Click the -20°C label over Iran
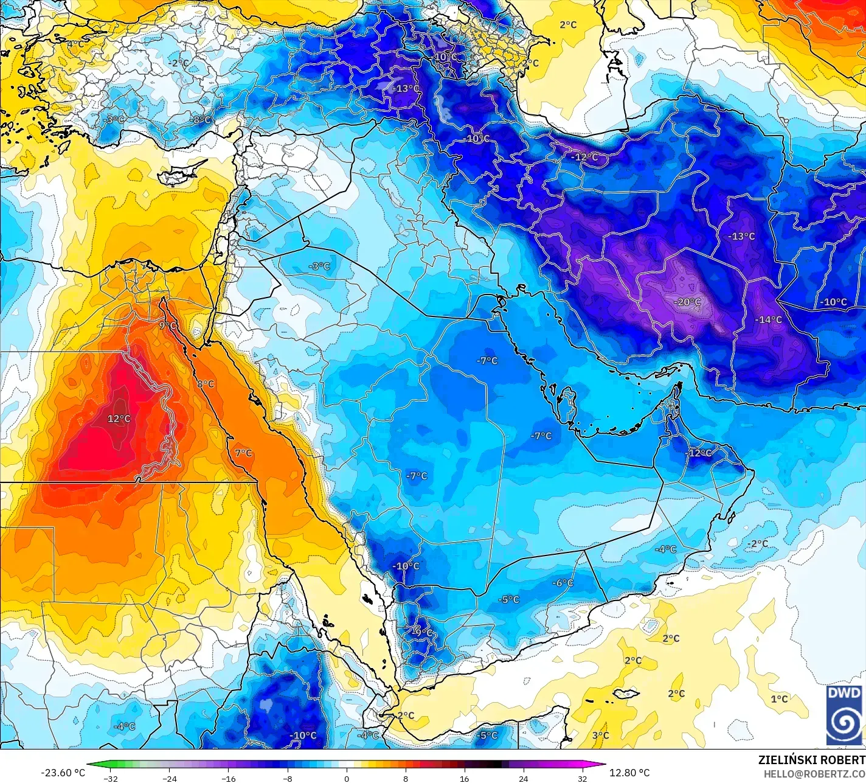(x=687, y=302)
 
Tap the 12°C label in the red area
(x=119, y=419)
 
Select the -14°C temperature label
(x=768, y=319)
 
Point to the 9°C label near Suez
(x=167, y=326)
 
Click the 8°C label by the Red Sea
(x=205, y=384)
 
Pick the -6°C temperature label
(x=562, y=583)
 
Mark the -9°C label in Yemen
(x=421, y=633)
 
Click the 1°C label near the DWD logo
(x=779, y=699)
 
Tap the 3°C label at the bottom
(x=600, y=736)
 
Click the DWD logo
(x=844, y=715)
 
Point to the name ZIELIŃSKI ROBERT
(x=811, y=760)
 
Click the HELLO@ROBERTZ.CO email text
(x=814, y=774)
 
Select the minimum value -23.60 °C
(x=63, y=773)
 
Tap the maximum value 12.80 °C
(x=629, y=773)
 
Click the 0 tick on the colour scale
(x=347, y=778)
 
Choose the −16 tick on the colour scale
(x=228, y=778)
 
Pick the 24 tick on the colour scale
(x=524, y=778)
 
